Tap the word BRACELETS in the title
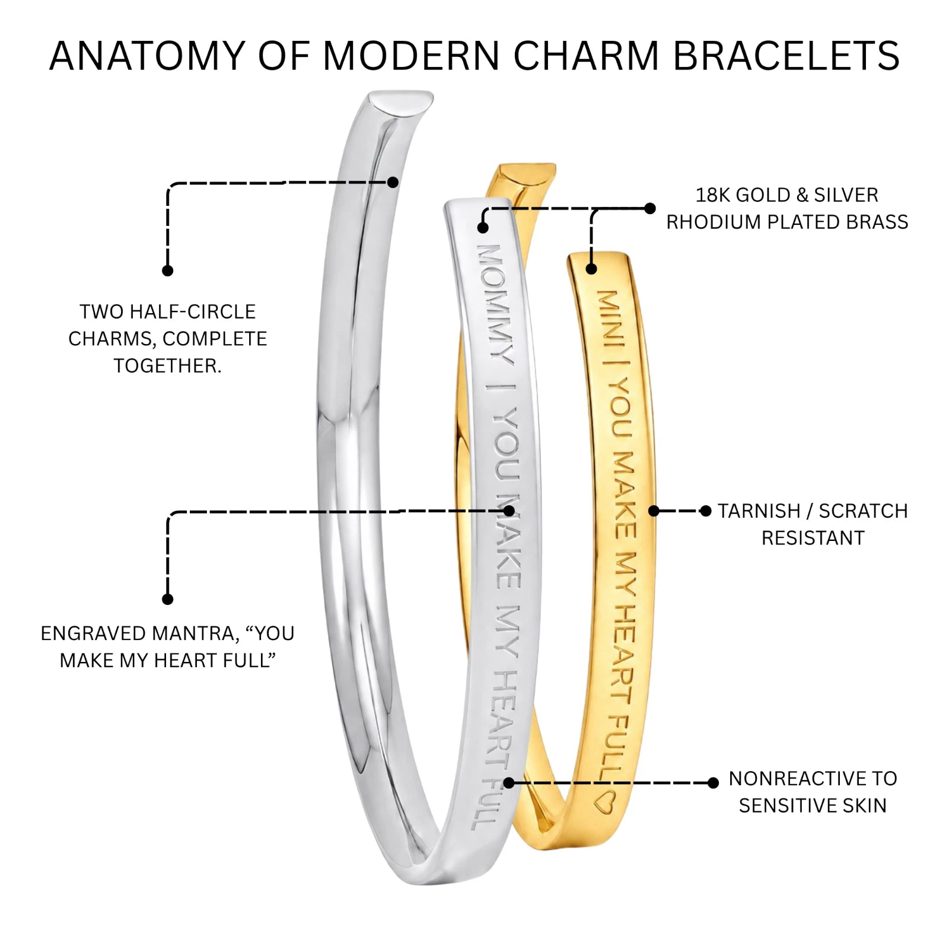click(x=786, y=56)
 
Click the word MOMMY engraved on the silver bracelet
click(x=495, y=302)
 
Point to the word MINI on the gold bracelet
click(x=612, y=320)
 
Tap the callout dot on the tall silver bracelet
click(x=393, y=182)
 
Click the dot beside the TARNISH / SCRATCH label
click(x=705, y=511)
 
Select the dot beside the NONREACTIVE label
click(x=714, y=783)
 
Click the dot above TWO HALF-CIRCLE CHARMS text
click(x=168, y=270)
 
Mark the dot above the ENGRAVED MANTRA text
click(x=168, y=599)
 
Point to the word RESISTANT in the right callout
click(x=813, y=538)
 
